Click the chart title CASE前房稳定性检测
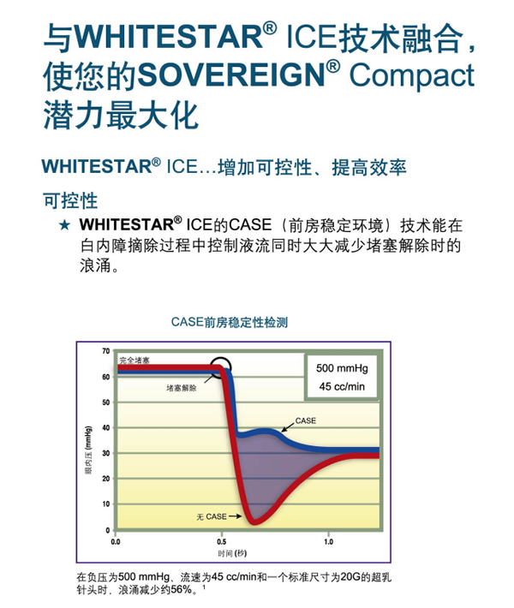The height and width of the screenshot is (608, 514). pyautogui.click(x=230, y=322)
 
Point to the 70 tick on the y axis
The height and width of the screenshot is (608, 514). pyautogui.click(x=106, y=351)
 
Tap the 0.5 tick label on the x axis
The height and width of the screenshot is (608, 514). pyautogui.click(x=222, y=542)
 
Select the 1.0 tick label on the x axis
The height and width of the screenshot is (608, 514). pyautogui.click(x=328, y=542)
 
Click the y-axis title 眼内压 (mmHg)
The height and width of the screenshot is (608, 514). pyautogui.click(x=88, y=450)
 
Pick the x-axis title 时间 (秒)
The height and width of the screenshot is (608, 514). pyautogui.click(x=232, y=553)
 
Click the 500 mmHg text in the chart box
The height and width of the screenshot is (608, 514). pyautogui.click(x=342, y=368)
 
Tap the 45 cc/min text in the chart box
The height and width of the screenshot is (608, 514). pyautogui.click(x=342, y=386)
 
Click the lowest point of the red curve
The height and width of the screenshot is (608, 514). pyautogui.click(x=254, y=522)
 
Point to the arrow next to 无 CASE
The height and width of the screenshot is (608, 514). pyautogui.click(x=235, y=516)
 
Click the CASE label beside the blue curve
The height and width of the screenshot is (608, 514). pyautogui.click(x=305, y=420)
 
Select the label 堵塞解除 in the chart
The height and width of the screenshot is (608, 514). pyautogui.click(x=181, y=388)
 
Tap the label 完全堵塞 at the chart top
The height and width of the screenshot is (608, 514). pyautogui.click(x=134, y=361)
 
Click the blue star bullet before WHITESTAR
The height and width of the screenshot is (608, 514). pyautogui.click(x=64, y=225)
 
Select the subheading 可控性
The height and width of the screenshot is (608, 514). pyautogui.click(x=70, y=201)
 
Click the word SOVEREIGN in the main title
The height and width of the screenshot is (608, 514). pyautogui.click(x=230, y=75)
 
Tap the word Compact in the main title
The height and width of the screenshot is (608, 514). pyautogui.click(x=412, y=75)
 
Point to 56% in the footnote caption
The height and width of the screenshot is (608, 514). pyautogui.click(x=182, y=590)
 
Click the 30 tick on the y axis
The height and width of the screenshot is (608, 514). pyautogui.click(x=106, y=453)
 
